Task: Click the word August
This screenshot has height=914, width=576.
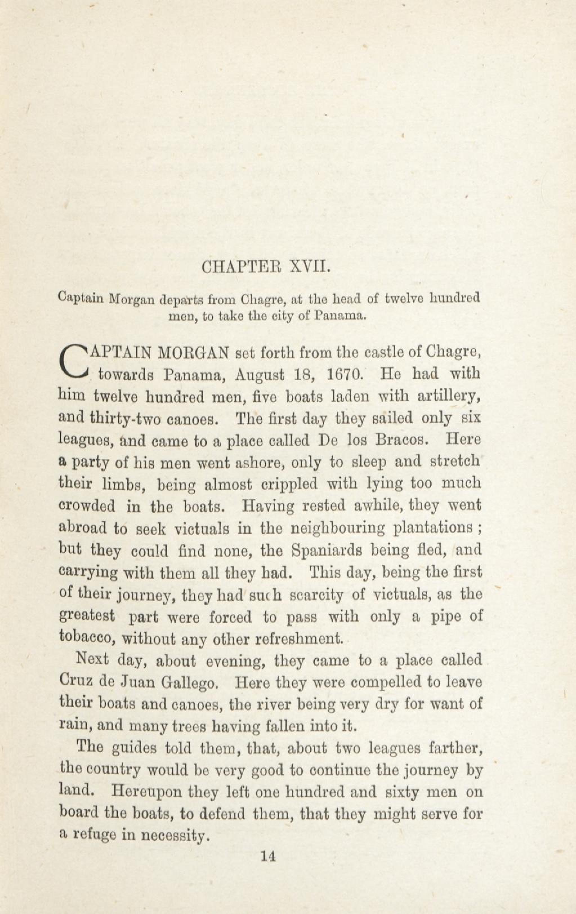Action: point(259,376)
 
